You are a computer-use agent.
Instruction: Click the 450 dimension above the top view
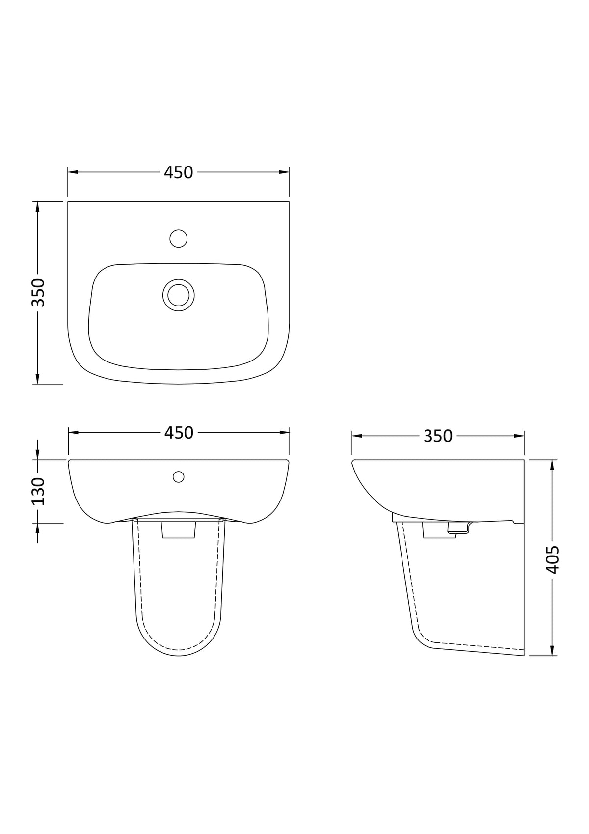[179, 172]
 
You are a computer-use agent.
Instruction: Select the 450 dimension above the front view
[179, 433]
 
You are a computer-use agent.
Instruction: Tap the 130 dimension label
[38, 491]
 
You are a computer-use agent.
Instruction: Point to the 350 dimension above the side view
[438, 436]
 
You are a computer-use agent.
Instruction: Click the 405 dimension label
[553, 559]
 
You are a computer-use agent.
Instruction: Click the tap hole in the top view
[178, 238]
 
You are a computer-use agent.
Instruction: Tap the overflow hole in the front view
[179, 476]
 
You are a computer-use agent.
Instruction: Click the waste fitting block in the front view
[179, 530]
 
